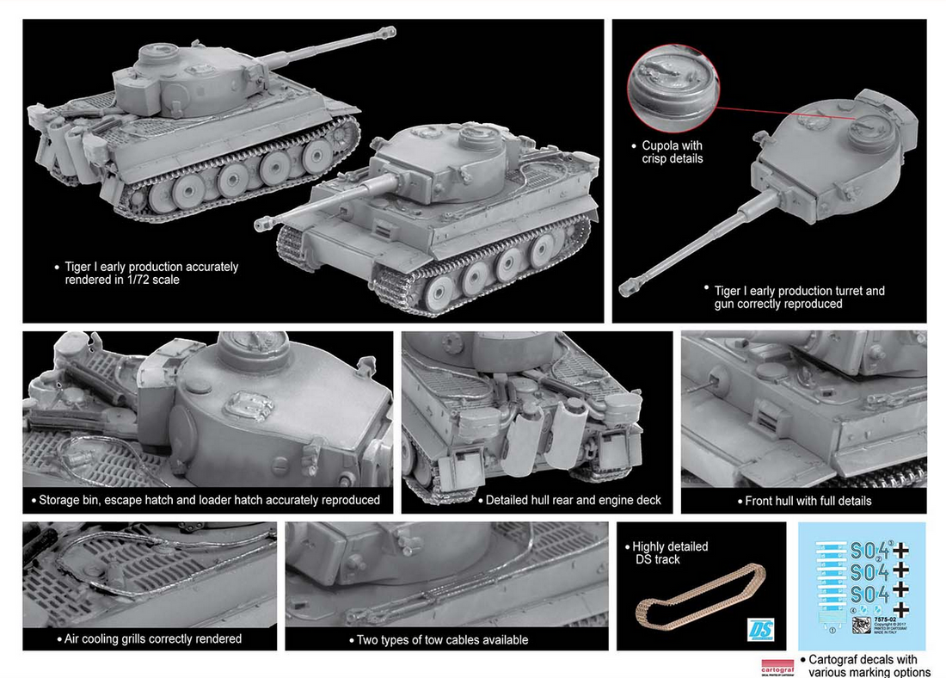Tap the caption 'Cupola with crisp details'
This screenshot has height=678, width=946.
(672, 152)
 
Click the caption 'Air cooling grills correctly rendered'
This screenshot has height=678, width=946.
(152, 638)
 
